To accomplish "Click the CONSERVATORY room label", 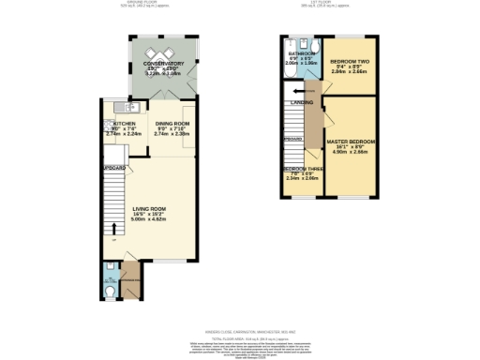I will pos(163,63).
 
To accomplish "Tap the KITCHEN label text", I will pos(125,123).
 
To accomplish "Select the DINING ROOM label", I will pos(172,123).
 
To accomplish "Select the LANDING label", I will pos(301,101).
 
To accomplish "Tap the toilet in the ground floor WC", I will pos(112,291).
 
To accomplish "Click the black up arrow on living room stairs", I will pos(115,228).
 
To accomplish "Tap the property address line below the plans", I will pos(239,330).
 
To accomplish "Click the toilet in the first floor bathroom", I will pos(315,44).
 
